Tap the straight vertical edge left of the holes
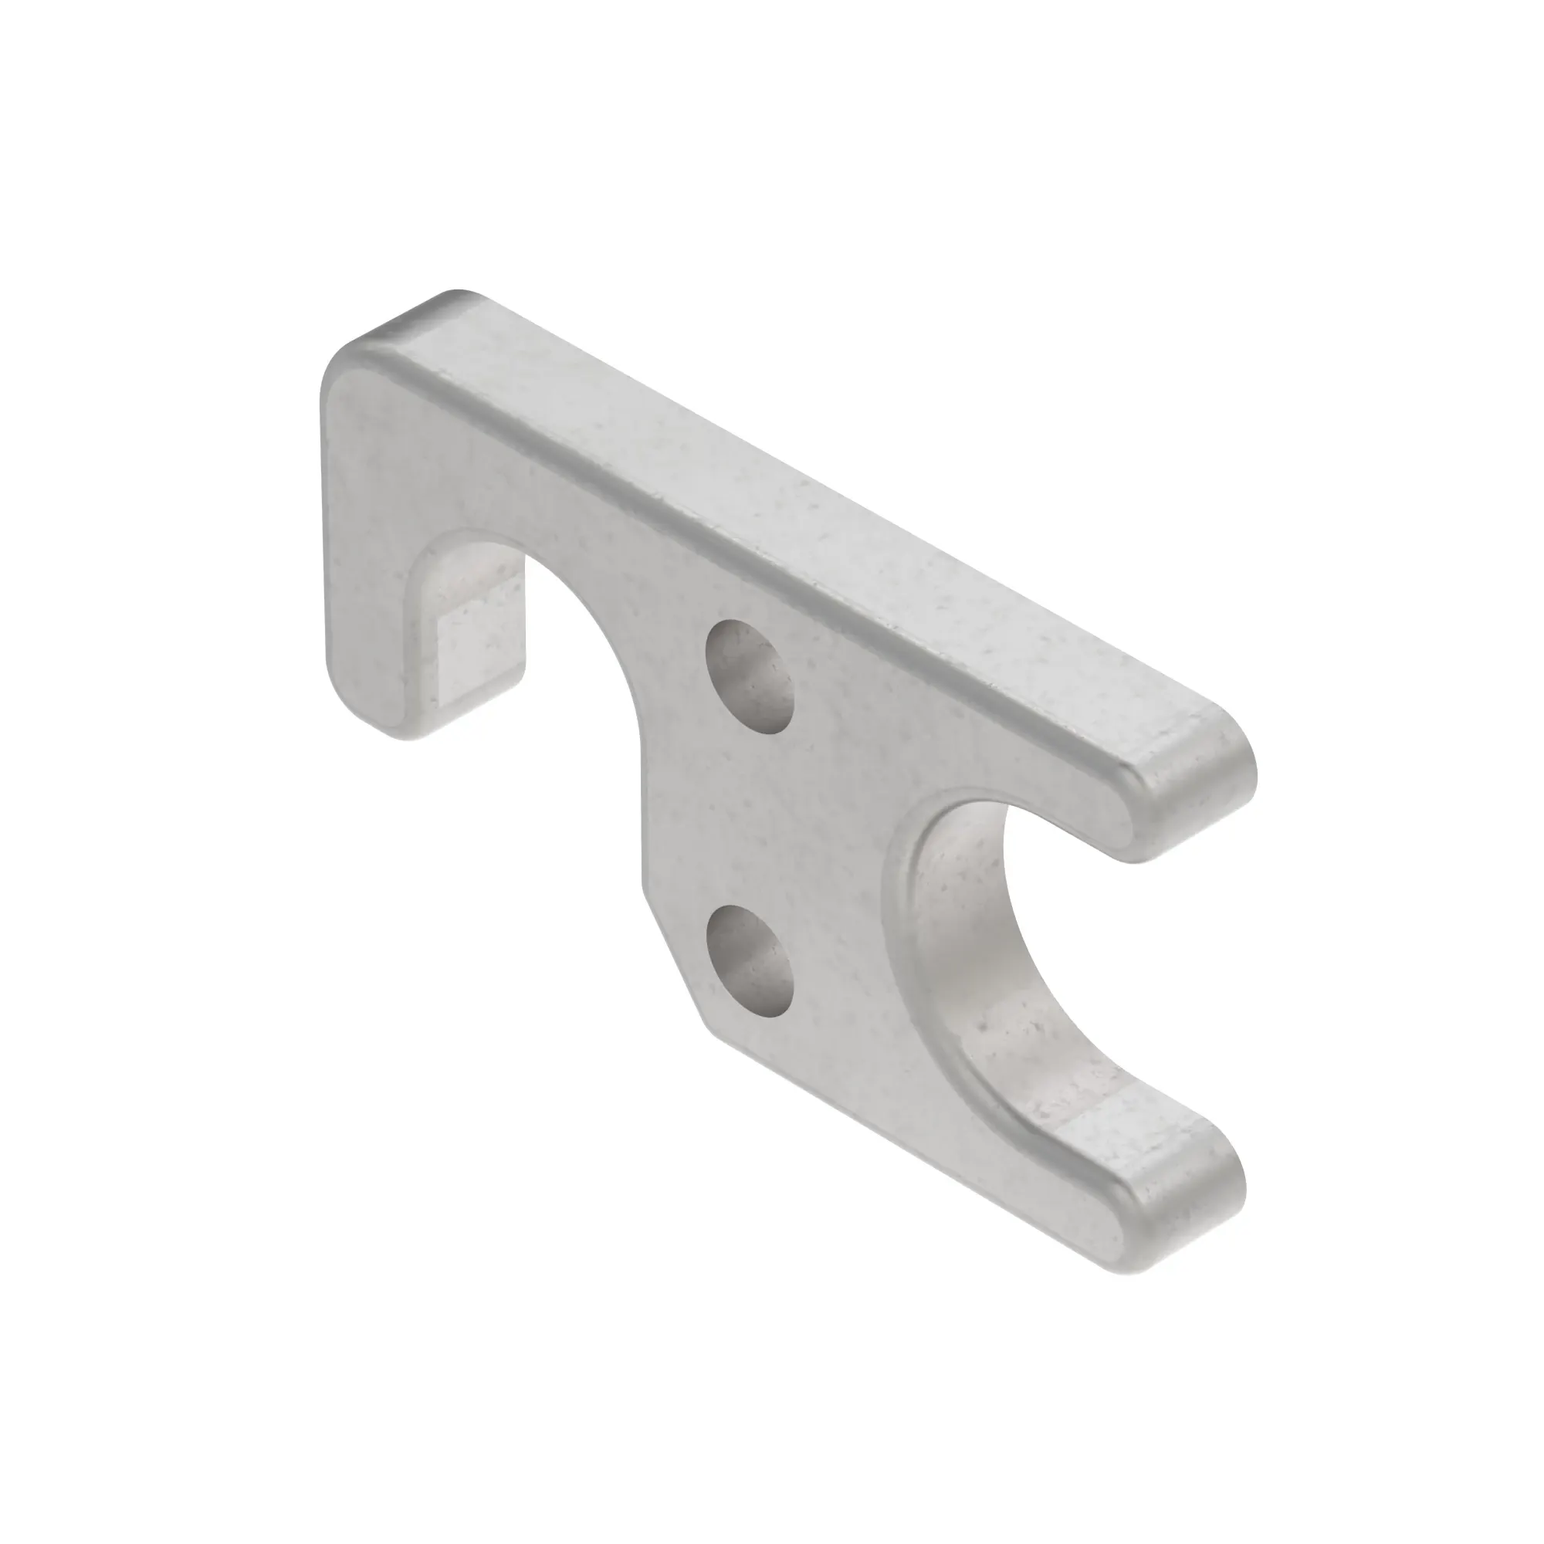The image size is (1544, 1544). pos(643,823)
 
